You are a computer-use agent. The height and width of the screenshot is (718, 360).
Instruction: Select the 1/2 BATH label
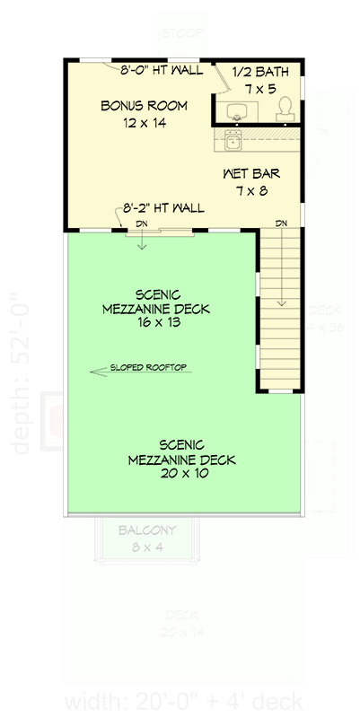[256, 72]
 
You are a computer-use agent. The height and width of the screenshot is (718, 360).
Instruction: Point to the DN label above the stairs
[281, 223]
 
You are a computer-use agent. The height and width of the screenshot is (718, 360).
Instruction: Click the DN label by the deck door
[141, 223]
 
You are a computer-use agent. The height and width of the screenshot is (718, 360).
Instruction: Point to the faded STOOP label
[180, 33]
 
